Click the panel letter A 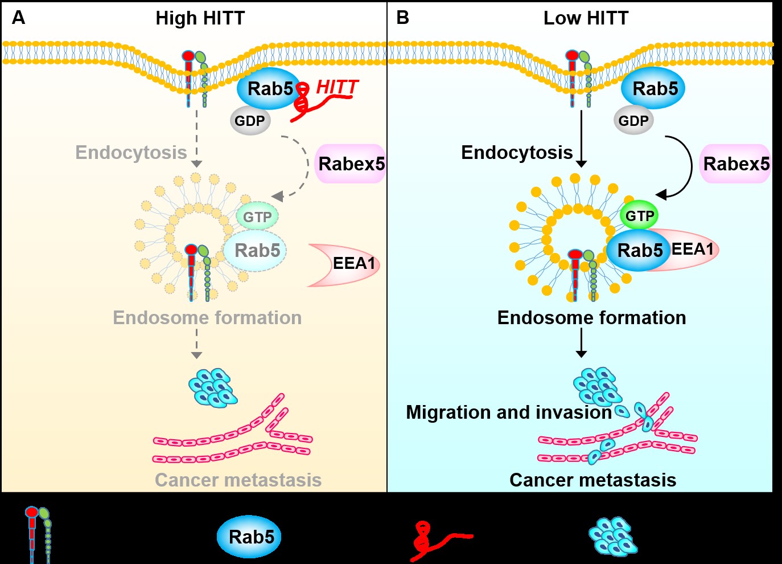click(18, 18)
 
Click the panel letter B click(402, 18)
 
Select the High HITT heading click(200, 18)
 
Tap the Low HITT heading click(586, 18)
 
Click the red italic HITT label click(337, 87)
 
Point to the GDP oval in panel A click(250, 121)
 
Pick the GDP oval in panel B click(633, 121)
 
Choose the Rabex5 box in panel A click(351, 164)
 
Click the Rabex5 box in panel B click(736, 164)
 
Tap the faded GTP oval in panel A click(257, 217)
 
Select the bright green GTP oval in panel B click(640, 216)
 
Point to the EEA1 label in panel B click(692, 249)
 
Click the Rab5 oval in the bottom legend click(250, 537)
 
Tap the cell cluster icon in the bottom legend click(612, 537)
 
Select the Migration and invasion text click(508, 412)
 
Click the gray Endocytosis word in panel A click(131, 153)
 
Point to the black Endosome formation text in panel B click(591, 317)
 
